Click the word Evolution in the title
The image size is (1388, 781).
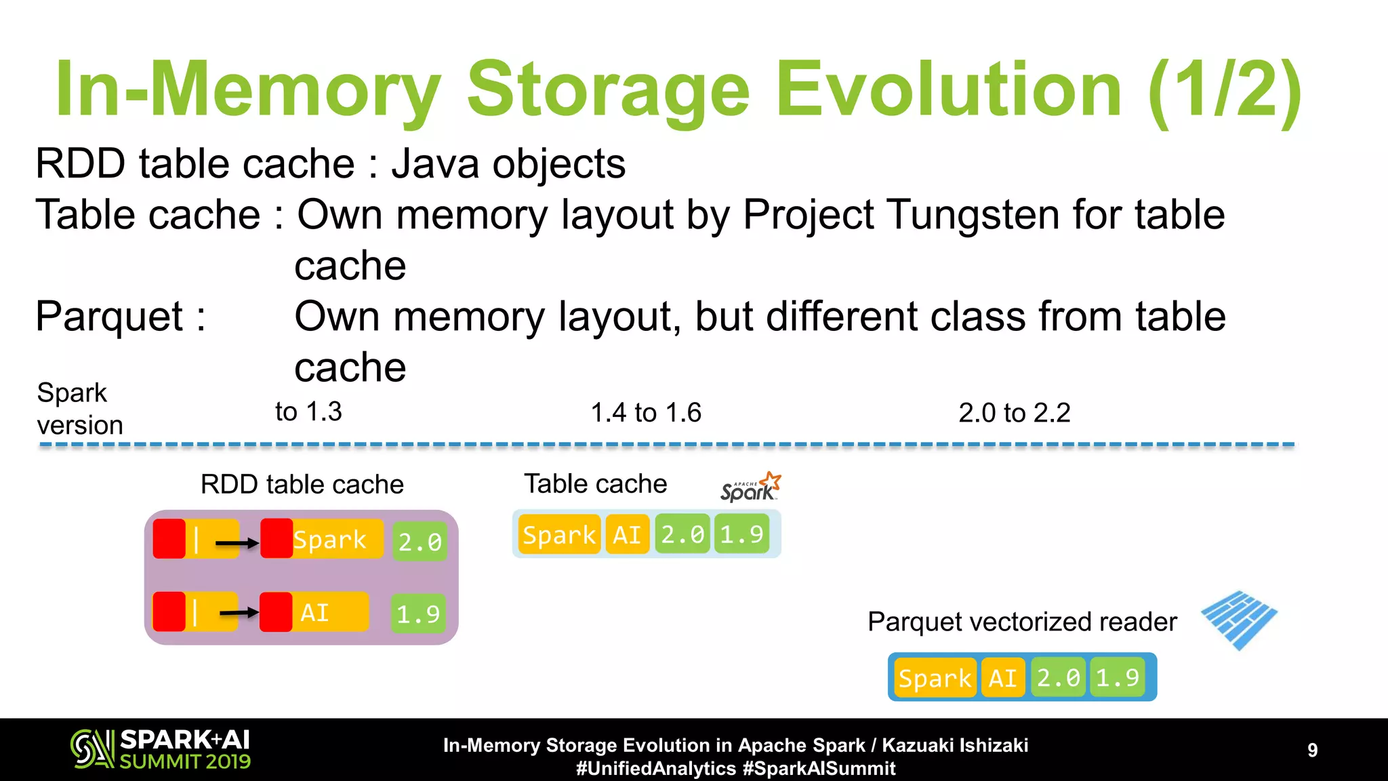(949, 89)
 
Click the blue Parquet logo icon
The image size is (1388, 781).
(1239, 619)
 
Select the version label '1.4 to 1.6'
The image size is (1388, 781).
(646, 413)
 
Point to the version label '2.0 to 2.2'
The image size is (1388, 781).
(1014, 413)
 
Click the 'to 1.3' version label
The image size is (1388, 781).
(308, 412)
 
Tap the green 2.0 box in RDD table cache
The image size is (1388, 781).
(420, 541)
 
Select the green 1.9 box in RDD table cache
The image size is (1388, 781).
(418, 614)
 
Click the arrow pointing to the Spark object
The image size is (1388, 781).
(237, 542)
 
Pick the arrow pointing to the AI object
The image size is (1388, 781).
(239, 613)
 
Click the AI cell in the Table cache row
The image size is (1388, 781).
(627, 535)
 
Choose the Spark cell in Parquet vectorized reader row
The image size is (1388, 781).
(935, 677)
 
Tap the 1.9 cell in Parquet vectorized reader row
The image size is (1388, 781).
(1117, 677)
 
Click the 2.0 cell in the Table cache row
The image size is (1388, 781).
(682, 535)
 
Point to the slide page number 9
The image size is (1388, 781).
(1312, 750)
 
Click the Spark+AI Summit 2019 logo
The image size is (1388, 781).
(161, 749)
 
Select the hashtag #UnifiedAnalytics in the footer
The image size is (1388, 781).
(655, 768)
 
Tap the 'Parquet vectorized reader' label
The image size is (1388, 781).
(1022, 622)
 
